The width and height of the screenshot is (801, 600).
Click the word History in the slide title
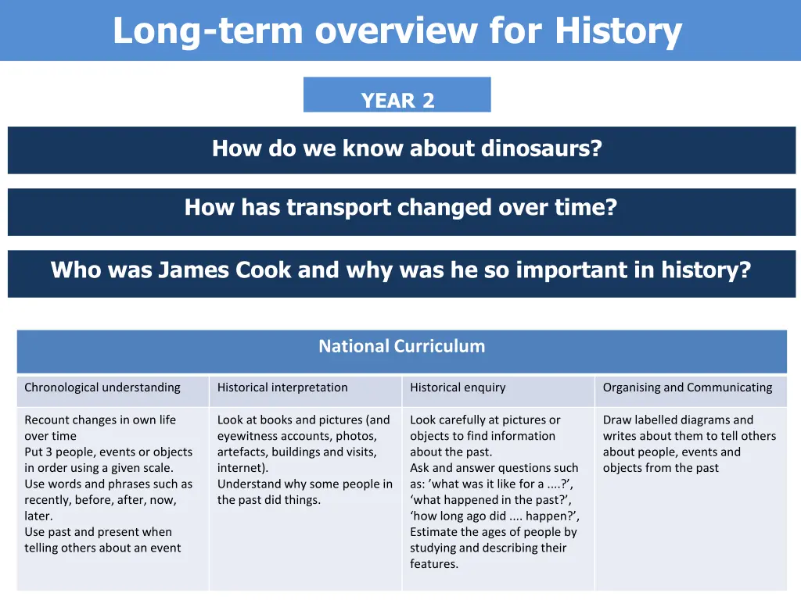click(618, 31)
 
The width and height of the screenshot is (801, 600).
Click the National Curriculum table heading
click(401, 346)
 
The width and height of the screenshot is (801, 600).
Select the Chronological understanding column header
click(102, 387)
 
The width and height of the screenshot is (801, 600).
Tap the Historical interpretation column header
click(282, 387)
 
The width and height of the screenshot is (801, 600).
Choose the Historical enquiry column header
click(458, 387)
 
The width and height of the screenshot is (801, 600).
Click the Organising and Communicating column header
click(687, 387)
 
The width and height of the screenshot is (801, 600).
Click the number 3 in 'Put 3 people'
click(49, 452)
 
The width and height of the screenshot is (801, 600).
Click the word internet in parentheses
click(240, 468)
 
